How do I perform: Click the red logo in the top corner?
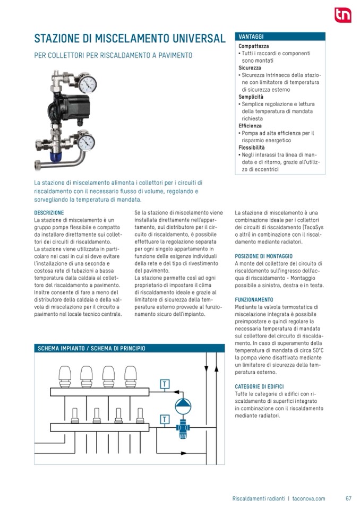coord(342,15)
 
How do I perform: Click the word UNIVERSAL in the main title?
coord(194,39)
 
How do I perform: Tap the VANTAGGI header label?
coord(252,37)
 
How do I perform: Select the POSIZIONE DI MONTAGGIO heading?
coord(263,256)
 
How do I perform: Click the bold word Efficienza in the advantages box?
coord(251,126)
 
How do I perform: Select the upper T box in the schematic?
coord(165,384)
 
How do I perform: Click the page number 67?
coord(348,498)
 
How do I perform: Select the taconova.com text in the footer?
coord(309,498)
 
